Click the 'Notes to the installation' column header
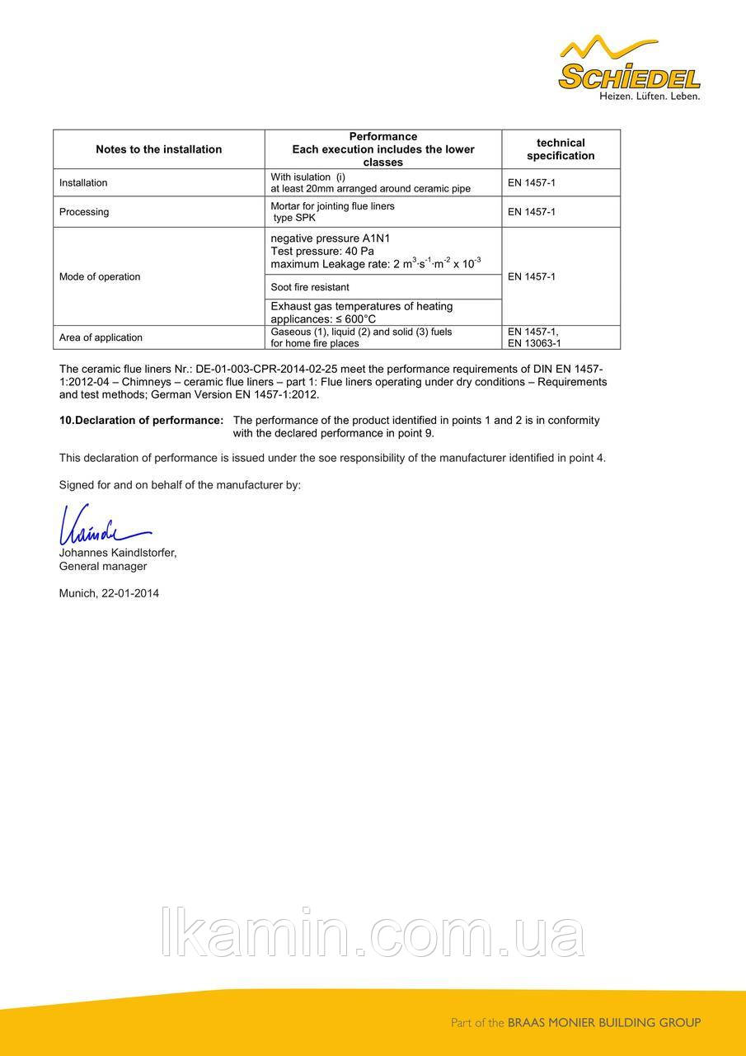158,149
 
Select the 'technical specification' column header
561,149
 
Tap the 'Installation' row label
83,183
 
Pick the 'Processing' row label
84,212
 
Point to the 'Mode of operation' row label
100,276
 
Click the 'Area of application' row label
101,337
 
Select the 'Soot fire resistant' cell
310,287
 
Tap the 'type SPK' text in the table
294,218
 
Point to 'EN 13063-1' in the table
534,343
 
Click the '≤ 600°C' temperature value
356,318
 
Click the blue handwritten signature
103,523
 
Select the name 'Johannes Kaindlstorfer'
118,553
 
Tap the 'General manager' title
103,567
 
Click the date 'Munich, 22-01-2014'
109,593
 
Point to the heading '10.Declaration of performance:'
141,420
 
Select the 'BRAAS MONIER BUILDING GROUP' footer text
603,1023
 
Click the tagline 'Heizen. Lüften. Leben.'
649,97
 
